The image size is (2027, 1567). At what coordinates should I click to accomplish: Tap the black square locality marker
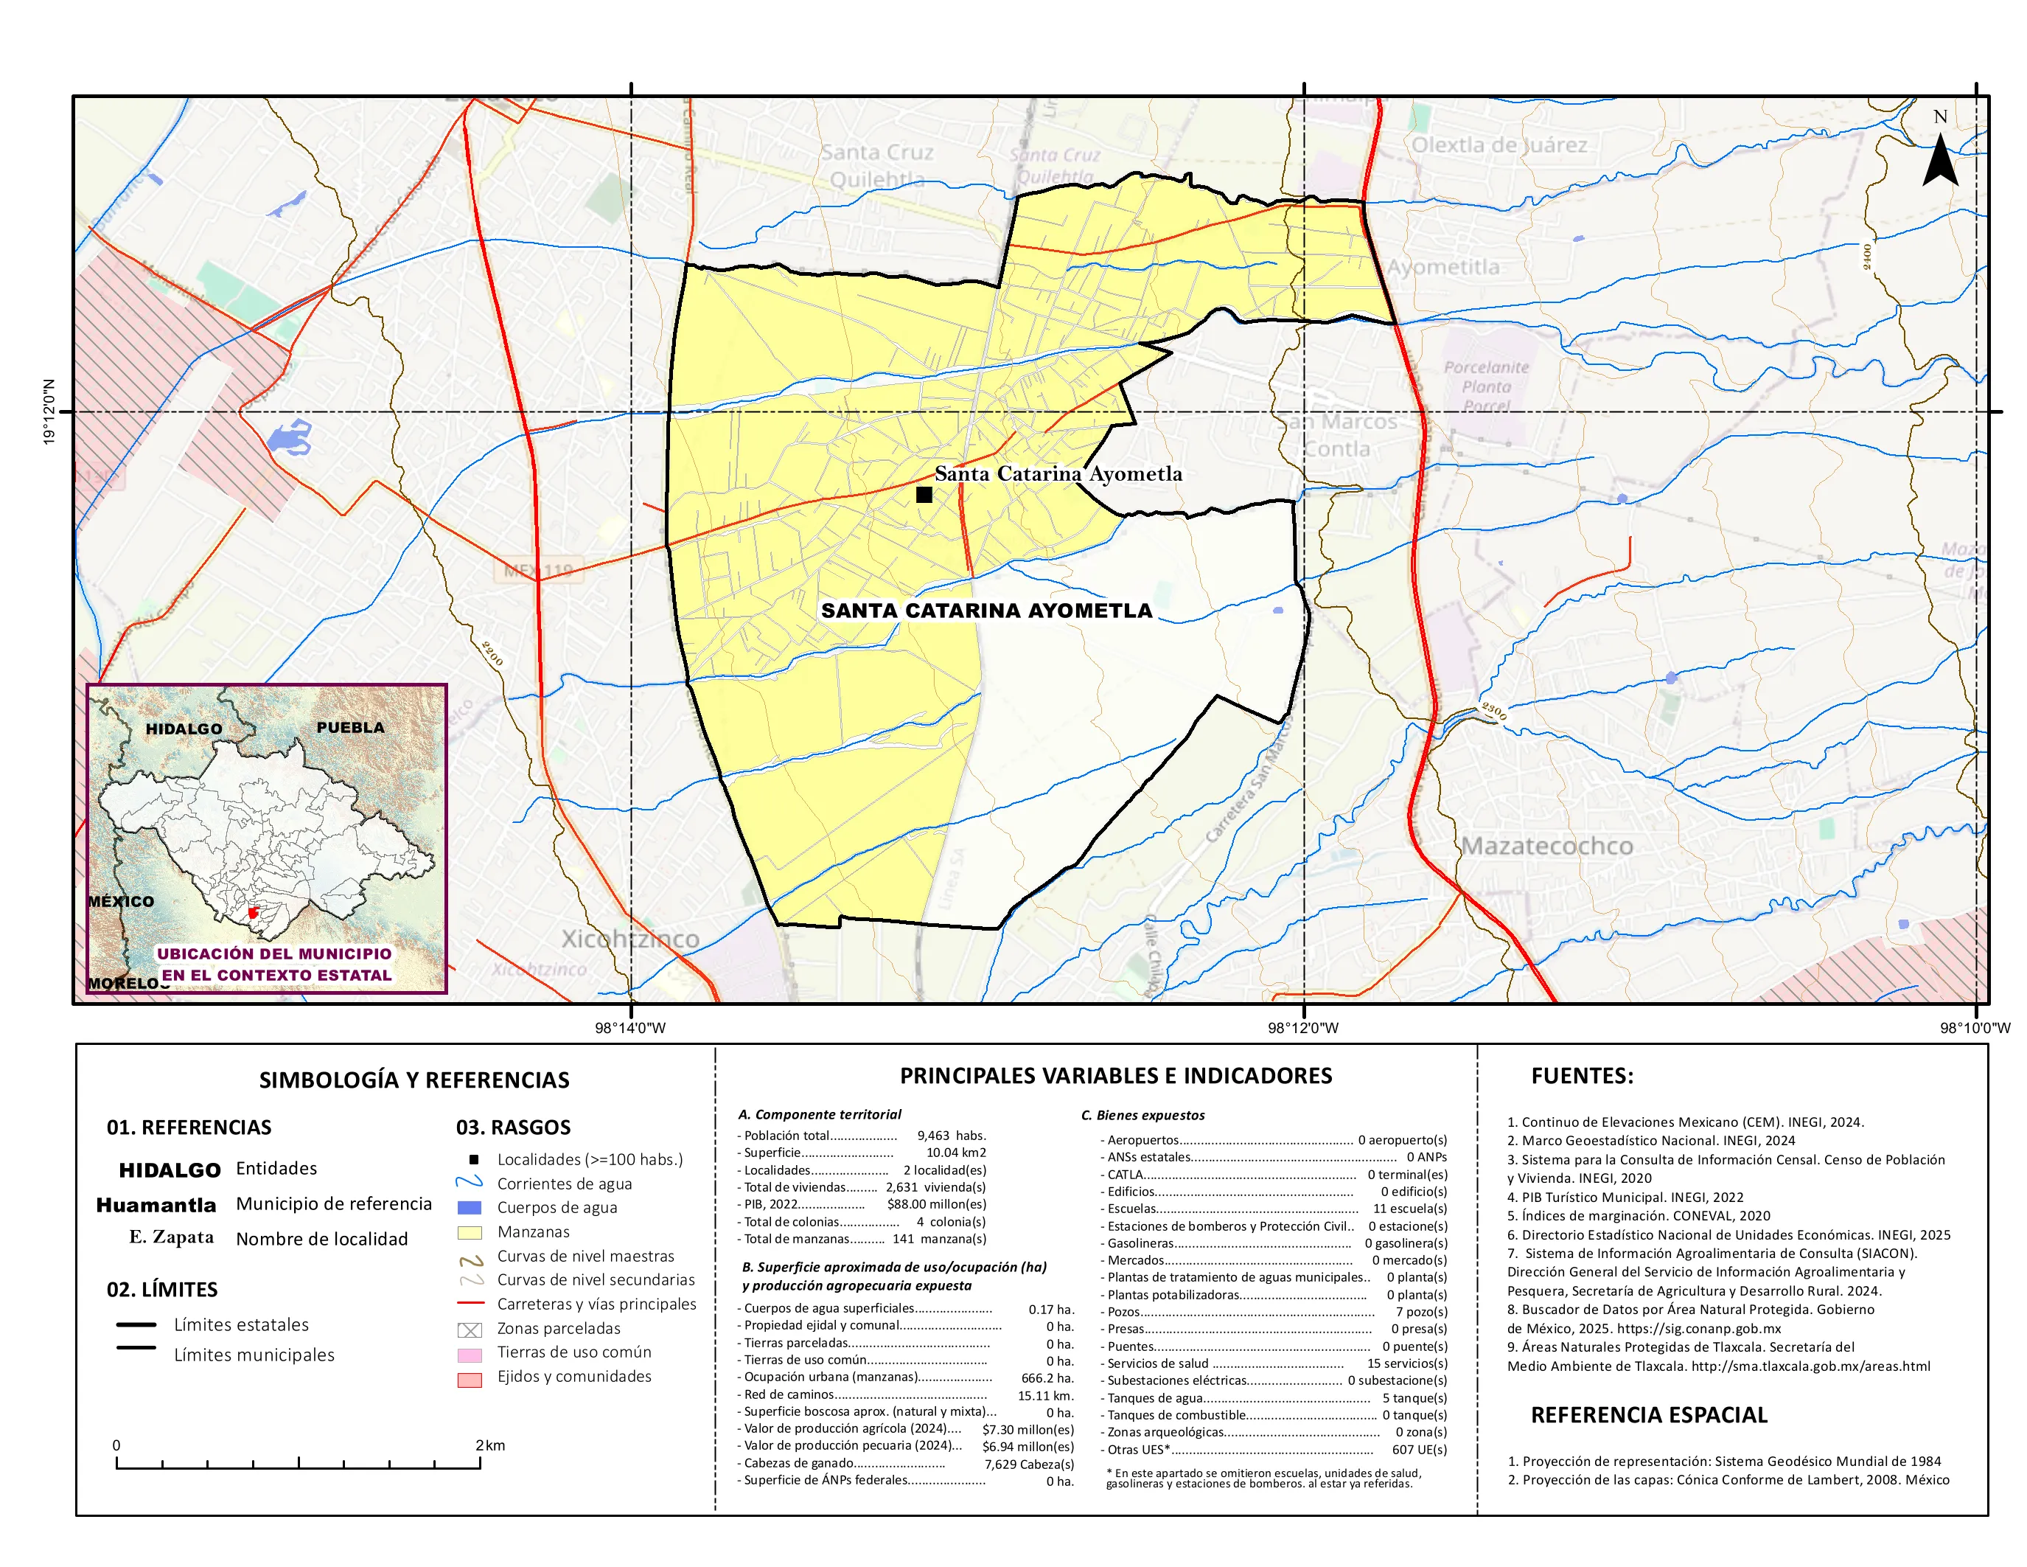click(x=924, y=495)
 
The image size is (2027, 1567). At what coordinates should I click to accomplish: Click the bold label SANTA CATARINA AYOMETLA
click(x=985, y=611)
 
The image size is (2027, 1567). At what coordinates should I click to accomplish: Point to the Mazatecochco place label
click(x=1547, y=846)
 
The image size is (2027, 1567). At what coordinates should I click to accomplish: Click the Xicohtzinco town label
click(x=630, y=939)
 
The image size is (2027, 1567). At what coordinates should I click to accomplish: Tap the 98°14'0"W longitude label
click(x=630, y=1028)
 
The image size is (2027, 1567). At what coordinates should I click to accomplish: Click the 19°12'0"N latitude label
click(x=49, y=411)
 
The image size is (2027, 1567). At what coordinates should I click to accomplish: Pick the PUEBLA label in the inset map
click(x=350, y=727)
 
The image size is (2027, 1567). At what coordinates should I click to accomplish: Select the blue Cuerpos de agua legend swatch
click(x=470, y=1208)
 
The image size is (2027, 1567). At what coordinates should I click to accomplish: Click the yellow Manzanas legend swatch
click(x=470, y=1232)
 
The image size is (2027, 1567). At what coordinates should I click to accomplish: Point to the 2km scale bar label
click(x=490, y=1445)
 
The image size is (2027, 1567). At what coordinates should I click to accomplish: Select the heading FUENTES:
click(x=1582, y=1076)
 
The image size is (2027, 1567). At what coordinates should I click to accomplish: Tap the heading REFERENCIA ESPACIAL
click(x=1648, y=1415)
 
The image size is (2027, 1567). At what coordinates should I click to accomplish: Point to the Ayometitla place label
click(x=1442, y=268)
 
